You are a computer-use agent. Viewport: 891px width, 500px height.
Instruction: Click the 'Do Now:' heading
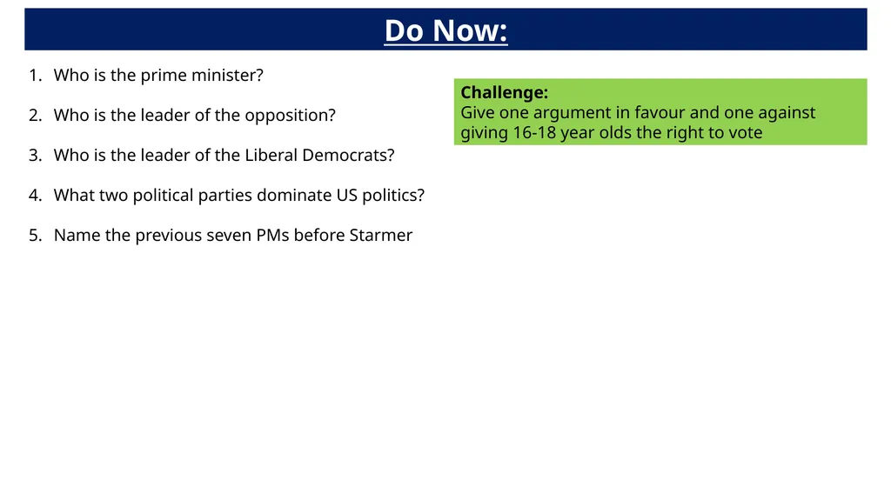445,31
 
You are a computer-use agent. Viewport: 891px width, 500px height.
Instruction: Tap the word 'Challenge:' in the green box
504,93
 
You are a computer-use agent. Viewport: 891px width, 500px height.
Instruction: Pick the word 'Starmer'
380,236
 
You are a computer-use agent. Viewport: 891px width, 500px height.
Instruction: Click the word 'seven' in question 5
229,236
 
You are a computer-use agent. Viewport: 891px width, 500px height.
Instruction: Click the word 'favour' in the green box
660,113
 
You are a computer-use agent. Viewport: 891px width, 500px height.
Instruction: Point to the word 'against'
787,113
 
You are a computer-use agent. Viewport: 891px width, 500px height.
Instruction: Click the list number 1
34,76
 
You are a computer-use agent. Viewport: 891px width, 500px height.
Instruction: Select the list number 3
34,156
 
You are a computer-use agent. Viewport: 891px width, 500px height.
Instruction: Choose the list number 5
34,236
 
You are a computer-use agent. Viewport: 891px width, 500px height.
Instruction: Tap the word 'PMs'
272,236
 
